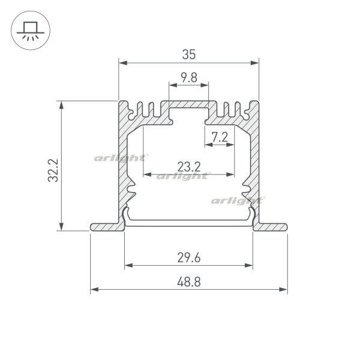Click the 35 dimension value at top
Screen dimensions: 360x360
pos(189,55)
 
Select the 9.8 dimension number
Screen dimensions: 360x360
pos(189,77)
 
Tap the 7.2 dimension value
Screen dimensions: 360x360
pos(220,137)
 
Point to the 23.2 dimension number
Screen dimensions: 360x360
pos(189,167)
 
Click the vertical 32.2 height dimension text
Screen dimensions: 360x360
pos(53,170)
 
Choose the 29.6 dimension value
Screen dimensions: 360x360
pos(189,257)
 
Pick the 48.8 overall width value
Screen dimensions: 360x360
pos(189,282)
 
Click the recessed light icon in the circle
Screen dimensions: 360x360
pos(31,31)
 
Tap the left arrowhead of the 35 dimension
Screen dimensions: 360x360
pos(123,63)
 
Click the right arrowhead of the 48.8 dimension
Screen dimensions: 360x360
pos(283,290)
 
